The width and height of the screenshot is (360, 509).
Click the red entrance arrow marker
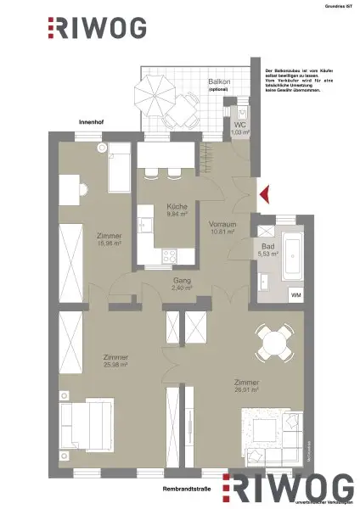coord(263,193)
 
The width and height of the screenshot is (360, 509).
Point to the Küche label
coord(177,206)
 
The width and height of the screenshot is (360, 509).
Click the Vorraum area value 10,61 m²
coord(222,231)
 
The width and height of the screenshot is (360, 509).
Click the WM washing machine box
coord(295,294)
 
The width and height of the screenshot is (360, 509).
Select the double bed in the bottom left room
coord(85,426)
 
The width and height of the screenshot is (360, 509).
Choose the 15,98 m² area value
coord(110,244)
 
